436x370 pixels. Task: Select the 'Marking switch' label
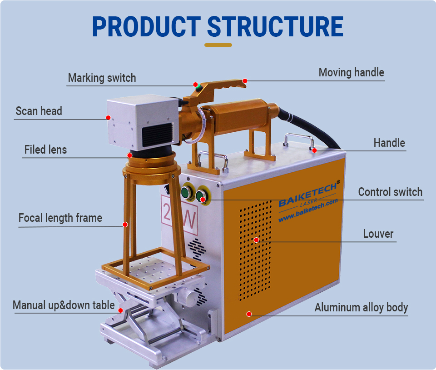pos(102,78)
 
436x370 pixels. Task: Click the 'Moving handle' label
pos(351,72)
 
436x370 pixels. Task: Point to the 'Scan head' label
pos(39,111)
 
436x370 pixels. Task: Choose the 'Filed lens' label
pos(45,150)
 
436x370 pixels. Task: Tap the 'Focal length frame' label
pos(60,218)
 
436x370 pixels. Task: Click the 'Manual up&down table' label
pos(64,305)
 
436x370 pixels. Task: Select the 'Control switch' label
pos(390,192)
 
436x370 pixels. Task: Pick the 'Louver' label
pos(378,234)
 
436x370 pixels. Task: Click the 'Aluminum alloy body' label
pos(361,307)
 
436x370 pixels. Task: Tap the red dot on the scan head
pos(109,117)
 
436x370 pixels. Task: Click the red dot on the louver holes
pos(256,240)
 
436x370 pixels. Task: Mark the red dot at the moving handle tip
pos(245,81)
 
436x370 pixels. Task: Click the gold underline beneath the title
pos(218,45)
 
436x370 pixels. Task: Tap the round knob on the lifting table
pos(186,297)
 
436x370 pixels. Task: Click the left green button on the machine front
pos(186,193)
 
